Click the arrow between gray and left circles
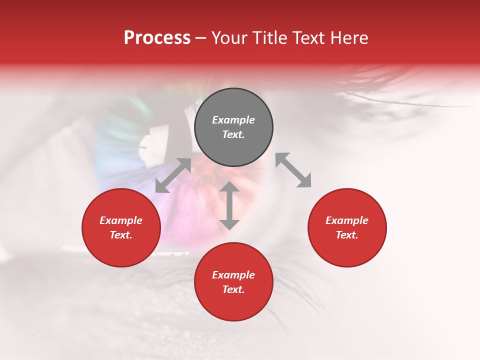173,175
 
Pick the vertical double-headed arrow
229,205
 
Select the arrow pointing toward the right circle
293,170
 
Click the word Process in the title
157,38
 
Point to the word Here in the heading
348,38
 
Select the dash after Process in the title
200,38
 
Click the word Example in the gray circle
233,120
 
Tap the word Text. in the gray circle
233,134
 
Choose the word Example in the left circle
121,220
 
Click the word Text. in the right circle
347,235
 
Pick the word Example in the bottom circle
233,275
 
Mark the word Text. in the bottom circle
233,289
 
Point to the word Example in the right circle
347,220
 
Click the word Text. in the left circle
121,235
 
